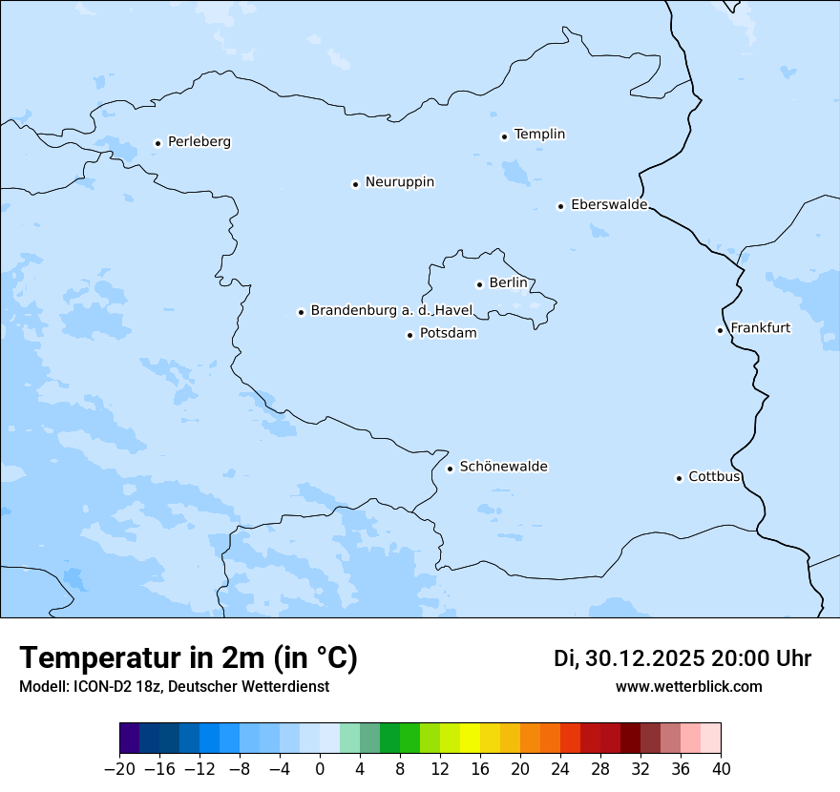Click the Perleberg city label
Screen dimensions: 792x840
[199, 142]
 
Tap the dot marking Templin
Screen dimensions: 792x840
[504, 136]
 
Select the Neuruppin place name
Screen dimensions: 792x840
[399, 182]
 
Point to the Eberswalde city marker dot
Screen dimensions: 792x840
[560, 206]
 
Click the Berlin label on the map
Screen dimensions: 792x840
[508, 283]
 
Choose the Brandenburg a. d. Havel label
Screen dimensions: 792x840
[391, 311]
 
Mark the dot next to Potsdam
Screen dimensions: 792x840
[409, 335]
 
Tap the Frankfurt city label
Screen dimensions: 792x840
[760, 328]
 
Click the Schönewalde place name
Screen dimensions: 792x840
[503, 467]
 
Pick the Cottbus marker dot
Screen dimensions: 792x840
[679, 478]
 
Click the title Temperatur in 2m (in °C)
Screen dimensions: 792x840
[188, 658]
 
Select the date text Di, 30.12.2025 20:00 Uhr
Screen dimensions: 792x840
[682, 658]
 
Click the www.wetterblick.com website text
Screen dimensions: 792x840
[688, 687]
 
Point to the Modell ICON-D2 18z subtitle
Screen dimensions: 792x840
[173, 687]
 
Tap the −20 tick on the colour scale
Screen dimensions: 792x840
[120, 769]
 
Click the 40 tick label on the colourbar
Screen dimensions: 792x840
[721, 769]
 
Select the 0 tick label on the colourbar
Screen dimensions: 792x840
[320, 769]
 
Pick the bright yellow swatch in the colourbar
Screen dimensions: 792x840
[470, 739]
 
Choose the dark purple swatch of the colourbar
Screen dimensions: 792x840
[130, 739]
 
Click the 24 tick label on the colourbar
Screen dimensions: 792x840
[560, 769]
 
